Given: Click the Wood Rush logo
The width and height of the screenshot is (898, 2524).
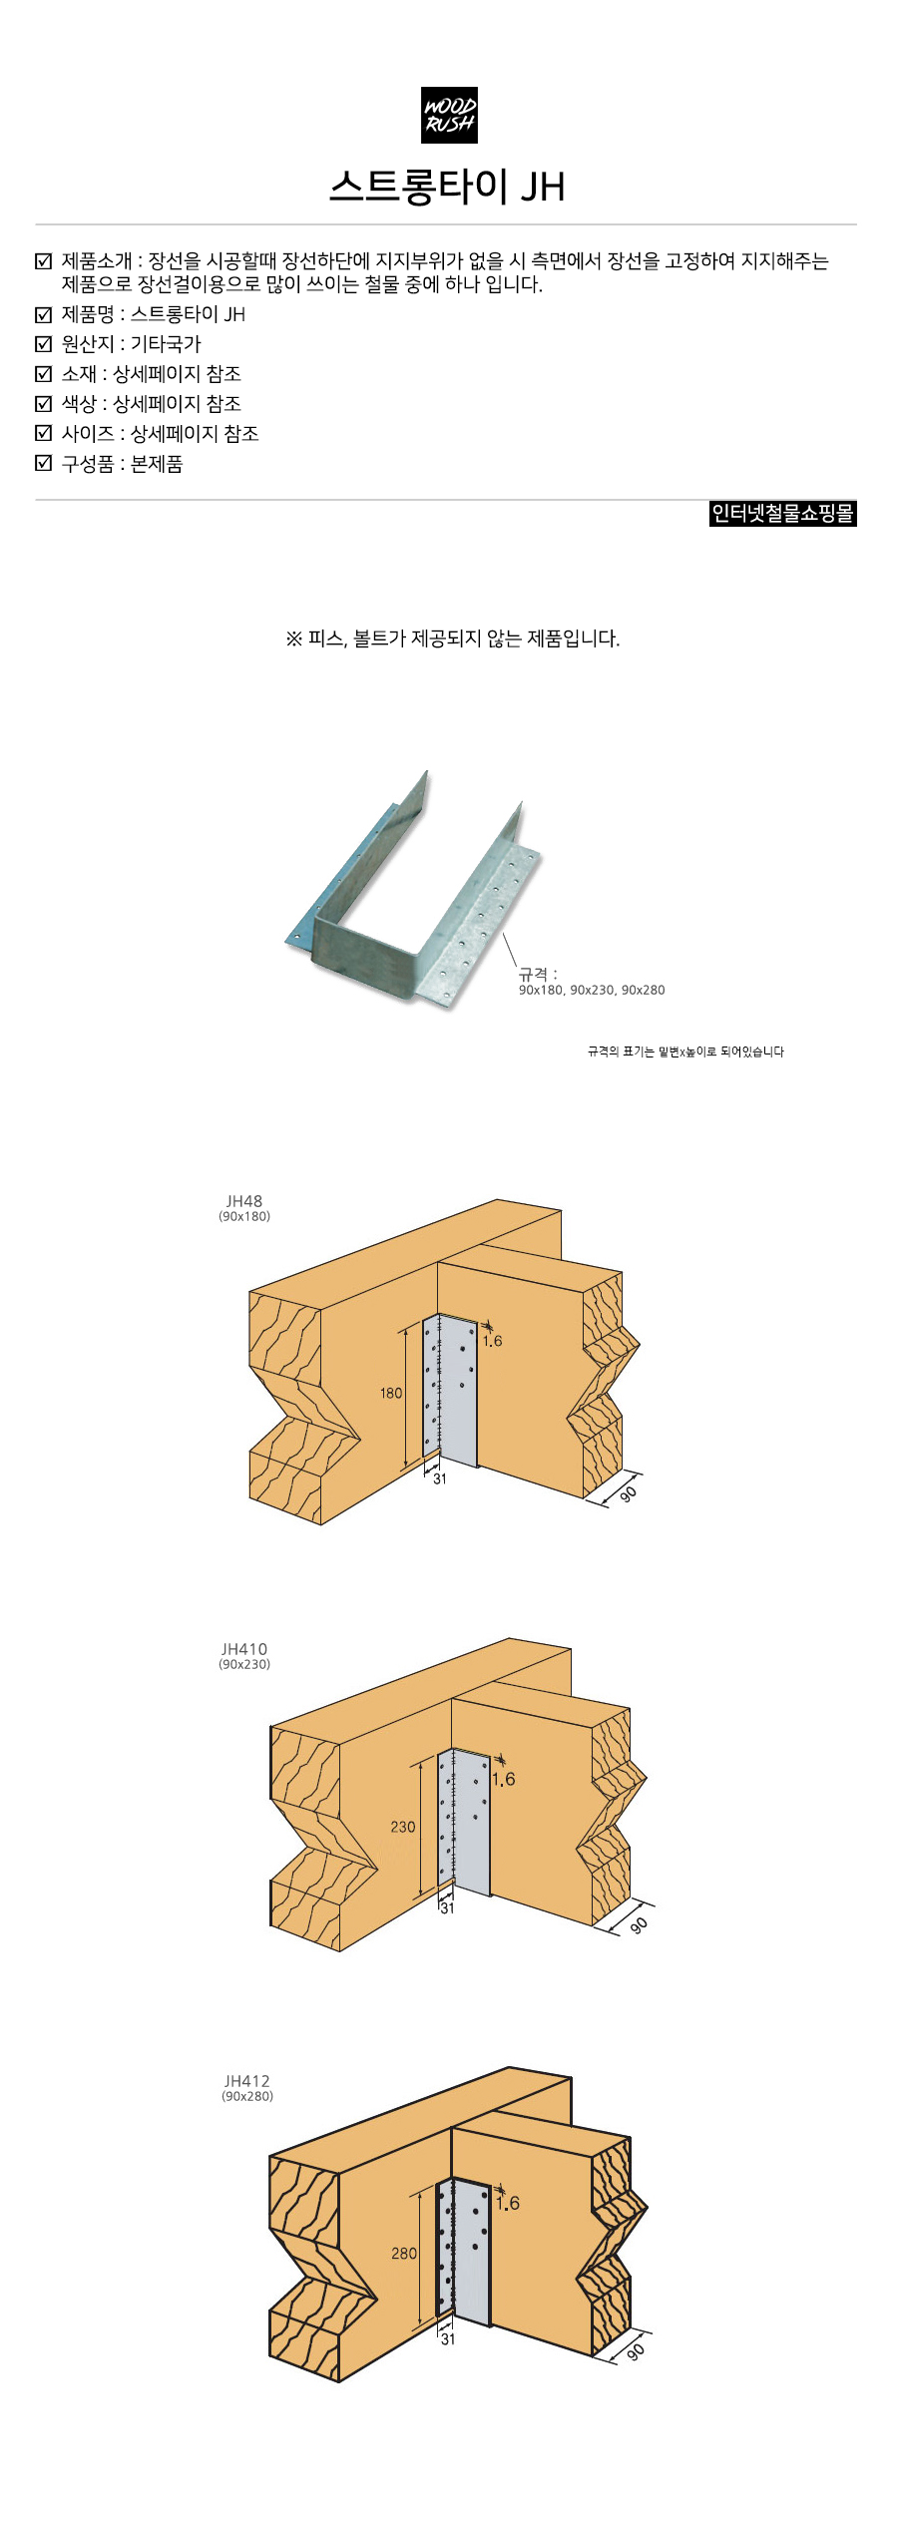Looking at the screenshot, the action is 449,115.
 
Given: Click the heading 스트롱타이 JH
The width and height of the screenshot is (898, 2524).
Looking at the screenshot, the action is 448,187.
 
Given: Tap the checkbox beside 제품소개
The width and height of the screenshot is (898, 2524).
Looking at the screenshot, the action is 43,261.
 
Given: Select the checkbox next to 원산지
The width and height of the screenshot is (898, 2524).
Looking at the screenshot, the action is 43,344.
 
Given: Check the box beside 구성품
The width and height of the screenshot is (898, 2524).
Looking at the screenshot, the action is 43,463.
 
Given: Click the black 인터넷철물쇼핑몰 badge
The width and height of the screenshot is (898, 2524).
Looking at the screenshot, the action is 783,514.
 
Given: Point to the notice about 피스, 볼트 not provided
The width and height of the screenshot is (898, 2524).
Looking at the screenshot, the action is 453,638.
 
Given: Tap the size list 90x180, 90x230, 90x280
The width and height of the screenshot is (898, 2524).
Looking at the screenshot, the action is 592,990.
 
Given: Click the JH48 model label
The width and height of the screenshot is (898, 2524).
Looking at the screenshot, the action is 244,1201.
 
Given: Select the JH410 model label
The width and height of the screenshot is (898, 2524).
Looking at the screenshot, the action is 244,1649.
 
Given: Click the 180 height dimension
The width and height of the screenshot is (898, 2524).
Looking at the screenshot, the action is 391,1393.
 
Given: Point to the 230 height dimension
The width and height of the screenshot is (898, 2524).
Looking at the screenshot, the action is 403,1827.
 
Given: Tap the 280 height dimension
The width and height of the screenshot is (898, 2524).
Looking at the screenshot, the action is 404,2253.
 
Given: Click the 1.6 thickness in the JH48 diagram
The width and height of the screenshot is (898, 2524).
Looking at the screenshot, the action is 492,1341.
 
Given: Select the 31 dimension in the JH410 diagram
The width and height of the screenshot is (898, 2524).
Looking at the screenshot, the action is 447,1907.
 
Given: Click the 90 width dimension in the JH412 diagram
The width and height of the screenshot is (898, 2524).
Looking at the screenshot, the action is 636,2351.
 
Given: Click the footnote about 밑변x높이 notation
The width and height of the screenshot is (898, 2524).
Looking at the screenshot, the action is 685,1052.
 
